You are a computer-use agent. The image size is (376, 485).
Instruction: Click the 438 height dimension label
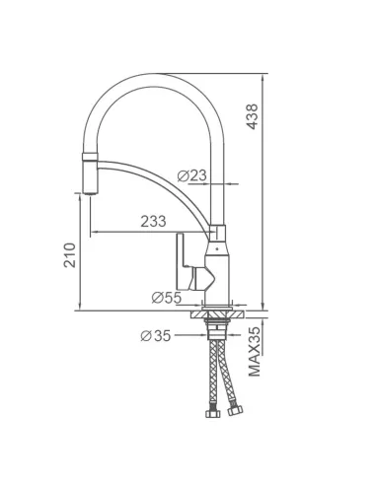(x=253, y=116)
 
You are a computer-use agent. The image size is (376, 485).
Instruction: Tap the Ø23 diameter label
(x=192, y=175)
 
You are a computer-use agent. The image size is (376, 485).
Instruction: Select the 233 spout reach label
(x=153, y=221)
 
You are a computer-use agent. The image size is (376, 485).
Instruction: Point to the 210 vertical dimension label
(x=70, y=255)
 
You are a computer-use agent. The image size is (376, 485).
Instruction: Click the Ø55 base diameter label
(x=167, y=298)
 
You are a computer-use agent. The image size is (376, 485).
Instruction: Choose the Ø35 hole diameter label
(x=156, y=336)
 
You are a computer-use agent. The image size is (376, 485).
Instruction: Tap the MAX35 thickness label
(x=255, y=352)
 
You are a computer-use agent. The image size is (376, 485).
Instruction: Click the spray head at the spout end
(x=90, y=177)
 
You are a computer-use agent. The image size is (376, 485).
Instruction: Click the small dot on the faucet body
(x=216, y=248)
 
